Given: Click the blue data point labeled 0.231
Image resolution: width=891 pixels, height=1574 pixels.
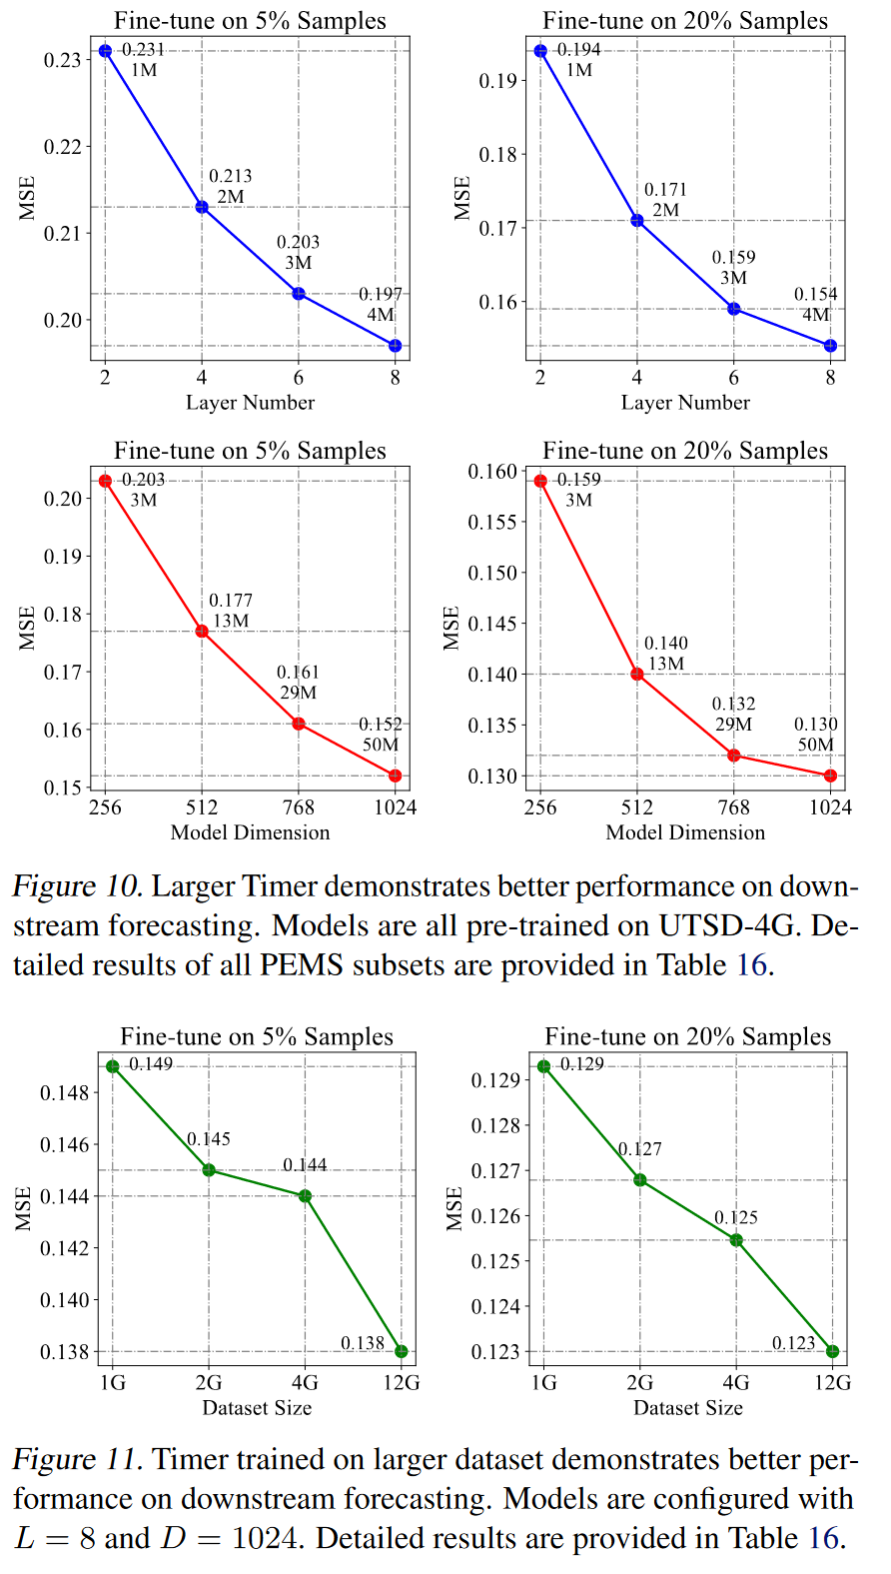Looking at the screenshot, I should click(x=105, y=51).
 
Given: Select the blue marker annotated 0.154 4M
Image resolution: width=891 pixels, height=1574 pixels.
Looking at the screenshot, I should click(x=830, y=346).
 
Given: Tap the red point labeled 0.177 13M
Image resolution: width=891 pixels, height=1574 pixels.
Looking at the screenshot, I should click(x=202, y=631).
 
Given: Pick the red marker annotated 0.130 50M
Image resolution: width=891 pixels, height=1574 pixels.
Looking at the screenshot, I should click(x=830, y=776).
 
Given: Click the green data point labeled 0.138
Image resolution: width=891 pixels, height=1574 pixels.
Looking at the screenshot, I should click(x=402, y=1351).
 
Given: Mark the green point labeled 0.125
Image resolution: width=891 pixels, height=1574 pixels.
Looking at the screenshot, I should click(x=736, y=1240).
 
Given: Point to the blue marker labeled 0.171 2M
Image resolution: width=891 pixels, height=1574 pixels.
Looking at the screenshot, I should click(x=637, y=220).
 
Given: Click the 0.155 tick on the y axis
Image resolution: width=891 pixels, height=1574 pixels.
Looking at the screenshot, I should click(x=492, y=522).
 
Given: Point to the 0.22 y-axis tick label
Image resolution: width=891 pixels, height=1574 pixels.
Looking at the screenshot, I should click(x=62, y=147).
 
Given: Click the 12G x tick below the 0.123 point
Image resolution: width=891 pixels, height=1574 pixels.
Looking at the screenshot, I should click(x=832, y=1383).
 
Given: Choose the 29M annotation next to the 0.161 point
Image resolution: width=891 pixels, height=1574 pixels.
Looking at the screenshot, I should click(x=298, y=693).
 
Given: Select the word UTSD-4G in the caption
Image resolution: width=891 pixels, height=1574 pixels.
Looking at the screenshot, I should click(x=726, y=925).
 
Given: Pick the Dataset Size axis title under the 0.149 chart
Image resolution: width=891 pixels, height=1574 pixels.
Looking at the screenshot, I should click(x=257, y=1408).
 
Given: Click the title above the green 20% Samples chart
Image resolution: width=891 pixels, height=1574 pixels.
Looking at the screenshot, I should click(x=688, y=1036).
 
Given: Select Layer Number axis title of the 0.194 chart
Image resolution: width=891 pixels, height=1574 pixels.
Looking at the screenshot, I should click(x=685, y=403).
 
